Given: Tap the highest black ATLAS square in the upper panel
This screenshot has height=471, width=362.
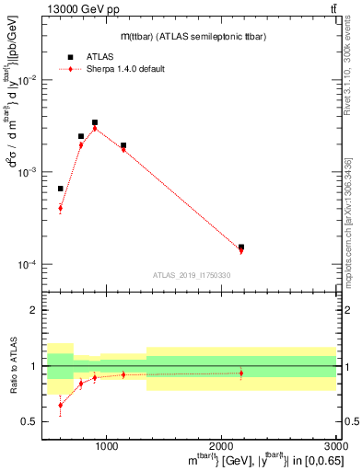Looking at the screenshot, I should pos(95,122).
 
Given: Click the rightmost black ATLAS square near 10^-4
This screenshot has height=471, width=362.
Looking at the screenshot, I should pos(241,247).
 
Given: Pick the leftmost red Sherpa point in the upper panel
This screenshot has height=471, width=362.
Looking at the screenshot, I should pos(61,208).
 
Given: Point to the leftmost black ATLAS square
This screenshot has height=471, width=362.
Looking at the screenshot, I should pos(61,189).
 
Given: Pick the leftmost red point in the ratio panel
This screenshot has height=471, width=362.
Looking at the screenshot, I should pos(61,405).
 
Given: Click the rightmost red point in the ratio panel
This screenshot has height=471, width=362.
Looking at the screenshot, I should pos(241,373).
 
